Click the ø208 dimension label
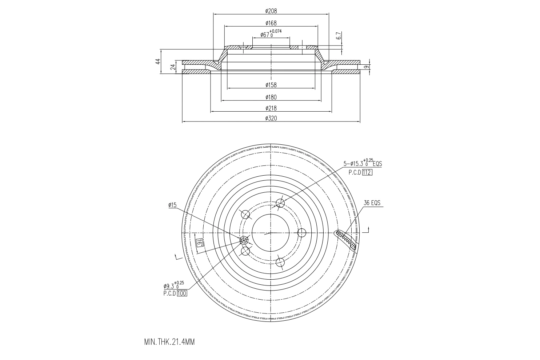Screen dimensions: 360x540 tap(271, 11)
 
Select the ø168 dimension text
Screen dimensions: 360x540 tap(271, 23)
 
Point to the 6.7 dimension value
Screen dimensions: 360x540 tap(339, 36)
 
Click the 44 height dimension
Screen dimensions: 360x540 tap(158, 61)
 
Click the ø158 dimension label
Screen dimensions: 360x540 tap(271, 85)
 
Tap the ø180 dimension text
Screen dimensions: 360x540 tap(271, 97)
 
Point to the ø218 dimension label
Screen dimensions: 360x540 tap(271, 108)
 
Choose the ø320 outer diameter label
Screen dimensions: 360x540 tap(271, 118)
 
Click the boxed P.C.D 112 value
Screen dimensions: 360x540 tap(367, 172)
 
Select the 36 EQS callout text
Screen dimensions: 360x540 tap(372, 203)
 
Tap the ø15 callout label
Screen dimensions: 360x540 tap(172, 205)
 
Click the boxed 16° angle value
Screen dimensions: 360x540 tap(199, 243)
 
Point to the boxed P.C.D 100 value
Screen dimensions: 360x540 tap(182, 293)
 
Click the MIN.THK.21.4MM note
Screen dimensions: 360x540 tap(169, 342)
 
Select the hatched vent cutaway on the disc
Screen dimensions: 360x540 tap(347, 240)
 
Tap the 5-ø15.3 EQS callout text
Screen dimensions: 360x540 tap(363, 164)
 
